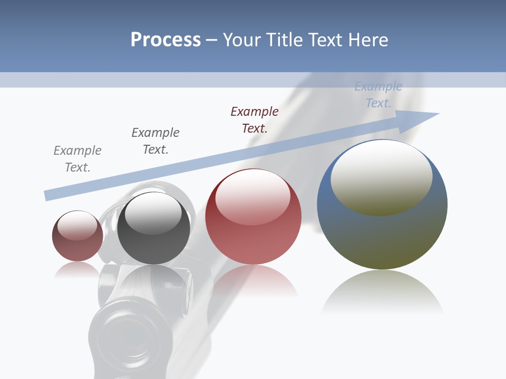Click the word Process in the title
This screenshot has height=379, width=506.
point(166,40)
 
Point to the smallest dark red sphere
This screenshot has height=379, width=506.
point(77,236)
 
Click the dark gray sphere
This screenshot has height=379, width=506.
point(153,228)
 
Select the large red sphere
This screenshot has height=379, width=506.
point(253,217)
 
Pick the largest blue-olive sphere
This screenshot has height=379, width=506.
point(382,205)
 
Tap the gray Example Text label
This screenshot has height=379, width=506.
point(77,159)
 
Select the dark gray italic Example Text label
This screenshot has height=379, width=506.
point(155,141)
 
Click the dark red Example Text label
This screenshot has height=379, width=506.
point(255,120)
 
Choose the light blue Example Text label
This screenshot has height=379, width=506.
point(378,95)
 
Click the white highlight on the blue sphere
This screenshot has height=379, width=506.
point(381,177)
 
